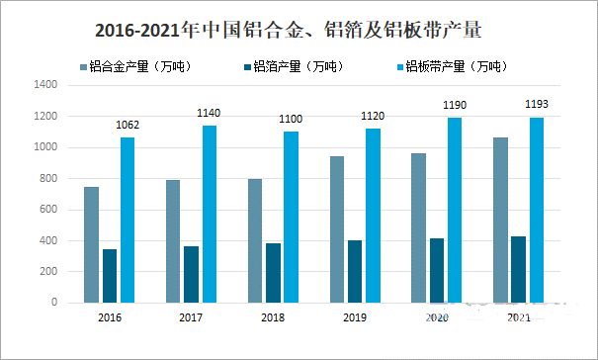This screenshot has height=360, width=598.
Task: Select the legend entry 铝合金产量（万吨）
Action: point(139,67)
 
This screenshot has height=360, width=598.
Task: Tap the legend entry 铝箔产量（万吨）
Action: point(297,67)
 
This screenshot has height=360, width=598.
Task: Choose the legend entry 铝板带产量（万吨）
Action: point(455,67)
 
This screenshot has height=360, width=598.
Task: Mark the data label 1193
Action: point(537,105)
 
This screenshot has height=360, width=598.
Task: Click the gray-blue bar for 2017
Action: point(173,241)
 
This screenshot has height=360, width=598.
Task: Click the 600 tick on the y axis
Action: point(51,210)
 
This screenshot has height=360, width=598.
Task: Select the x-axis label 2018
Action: point(274,317)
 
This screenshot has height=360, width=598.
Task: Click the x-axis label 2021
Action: point(519,317)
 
